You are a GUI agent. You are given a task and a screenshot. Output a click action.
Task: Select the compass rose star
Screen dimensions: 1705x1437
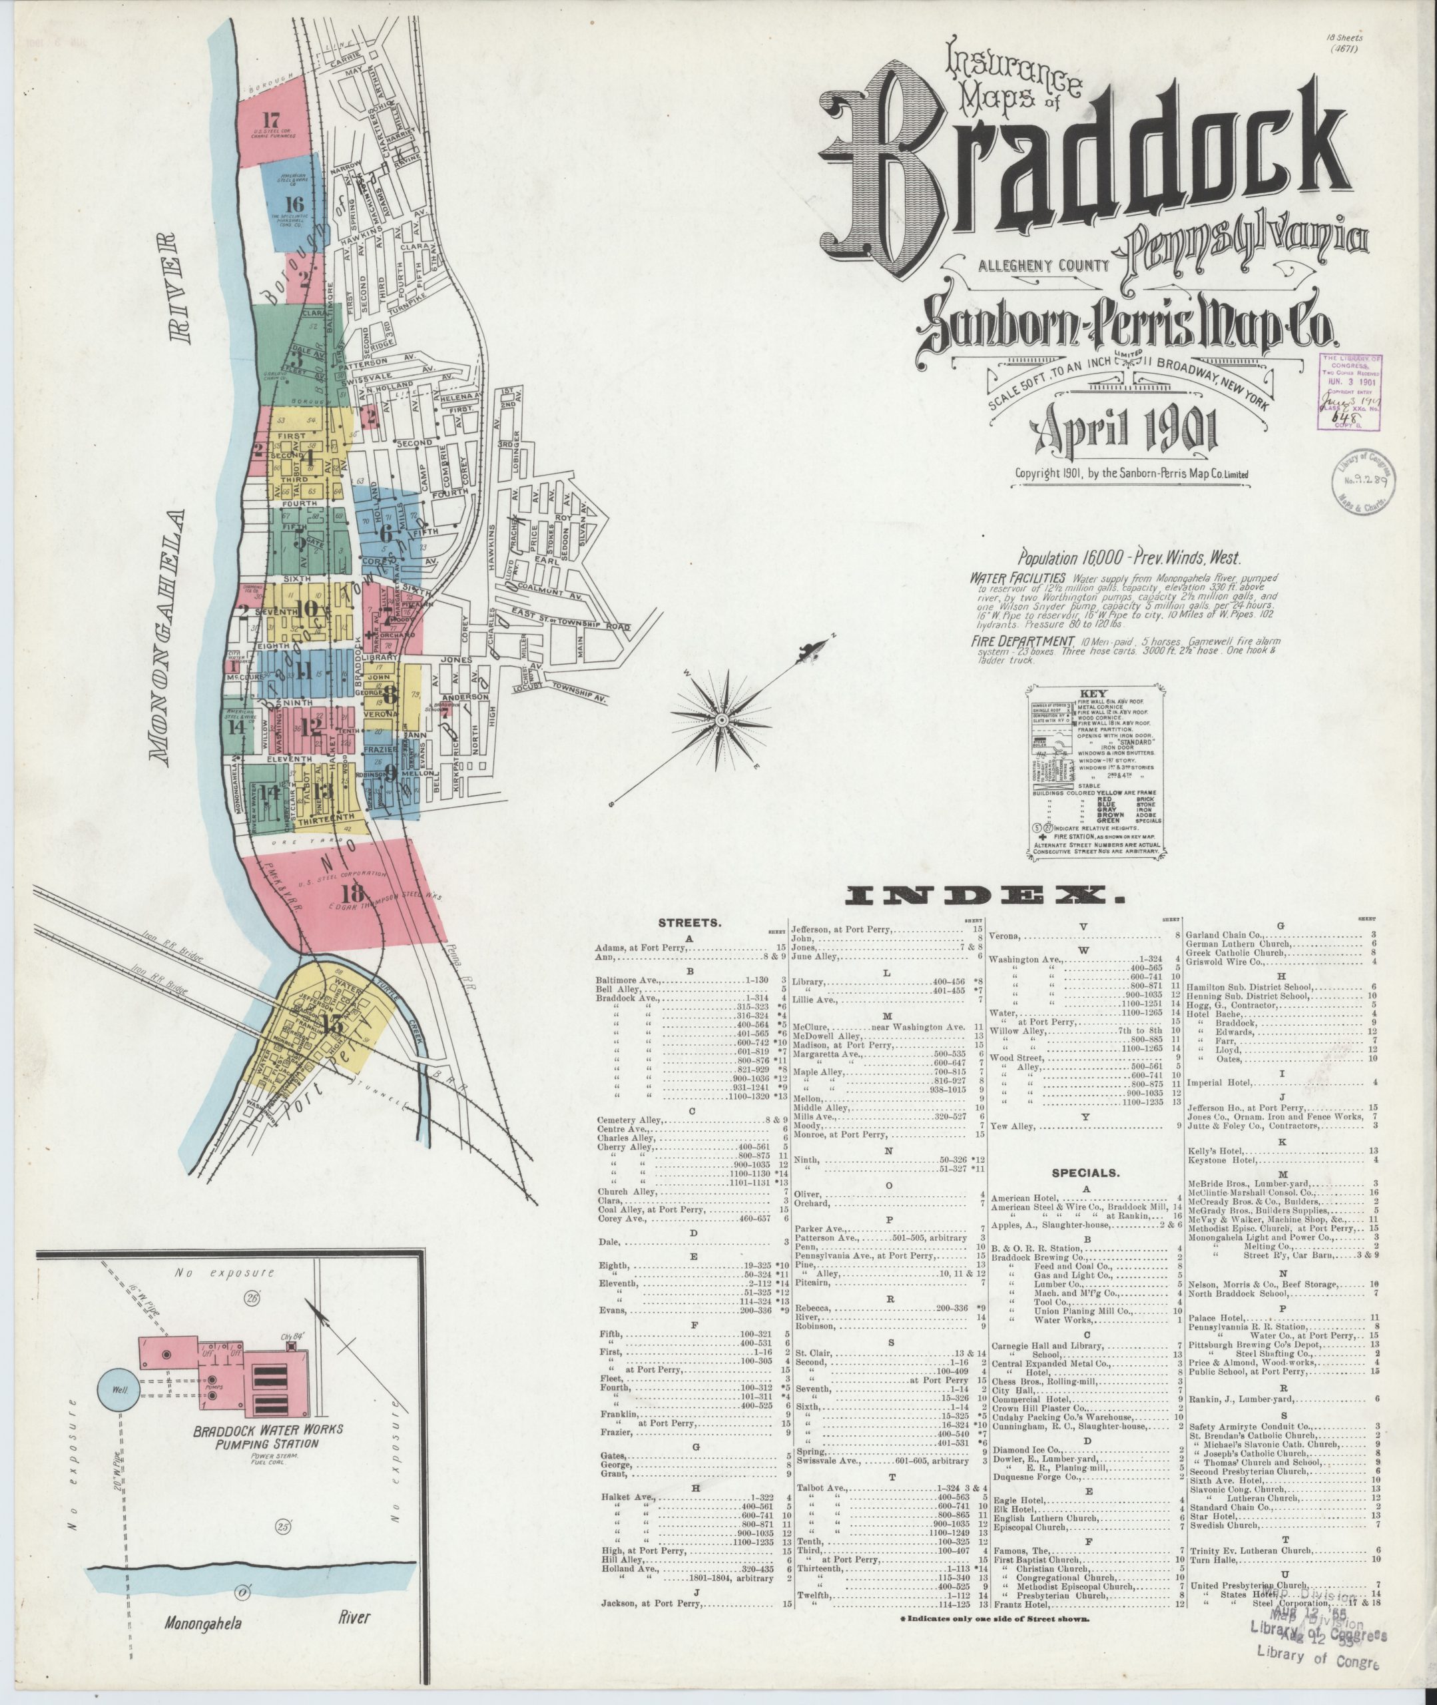click(x=721, y=720)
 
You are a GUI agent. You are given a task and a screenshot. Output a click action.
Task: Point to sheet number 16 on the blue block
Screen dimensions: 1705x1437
click(x=295, y=204)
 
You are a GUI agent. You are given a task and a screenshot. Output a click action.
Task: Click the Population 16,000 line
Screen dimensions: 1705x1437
click(x=1128, y=559)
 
